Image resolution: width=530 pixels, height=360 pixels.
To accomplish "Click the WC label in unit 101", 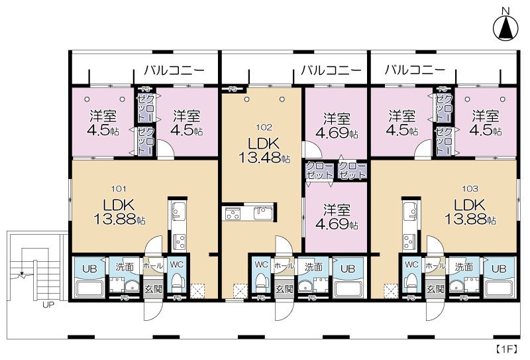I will [x=176, y=265].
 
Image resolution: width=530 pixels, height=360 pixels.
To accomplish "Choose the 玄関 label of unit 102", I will [x=284, y=289].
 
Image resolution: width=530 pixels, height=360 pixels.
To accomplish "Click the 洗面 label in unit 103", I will [x=463, y=267].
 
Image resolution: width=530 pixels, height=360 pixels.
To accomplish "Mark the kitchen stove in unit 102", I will [x=233, y=213].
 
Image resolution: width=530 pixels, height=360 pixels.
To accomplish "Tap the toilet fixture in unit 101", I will [x=176, y=284].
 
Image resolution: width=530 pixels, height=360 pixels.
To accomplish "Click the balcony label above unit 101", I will [x=174, y=70].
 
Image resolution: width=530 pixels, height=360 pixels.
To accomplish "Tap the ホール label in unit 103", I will [x=435, y=265].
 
